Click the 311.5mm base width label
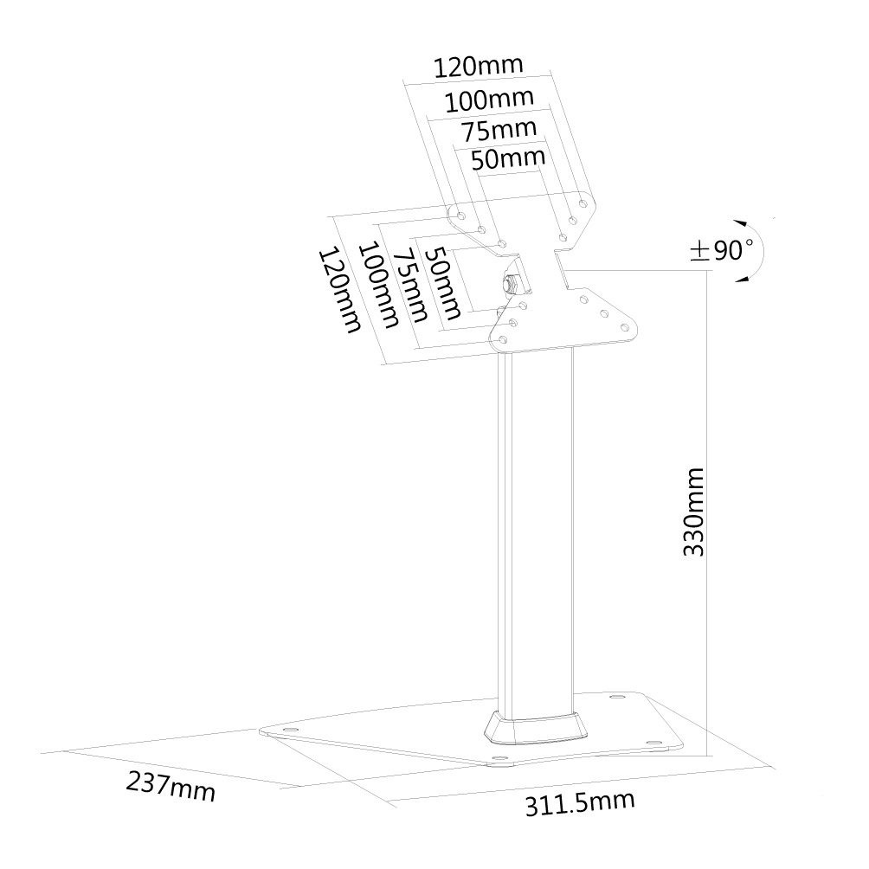(x=580, y=803)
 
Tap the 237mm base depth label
(x=171, y=787)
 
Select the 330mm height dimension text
(x=693, y=512)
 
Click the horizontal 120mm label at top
(x=478, y=66)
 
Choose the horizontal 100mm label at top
(x=489, y=100)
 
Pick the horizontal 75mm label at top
(x=499, y=131)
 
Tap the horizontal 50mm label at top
(x=508, y=159)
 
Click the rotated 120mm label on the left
(x=339, y=290)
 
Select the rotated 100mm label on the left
(x=379, y=285)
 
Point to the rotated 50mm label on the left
(x=442, y=283)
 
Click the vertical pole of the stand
(x=536, y=532)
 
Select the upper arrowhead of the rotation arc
(x=740, y=223)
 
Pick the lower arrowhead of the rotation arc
(x=742, y=279)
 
